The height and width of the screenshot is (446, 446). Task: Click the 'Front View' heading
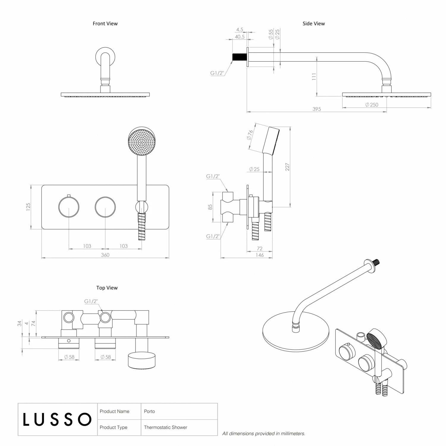point(105,23)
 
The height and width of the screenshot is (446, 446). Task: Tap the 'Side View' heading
point(313,23)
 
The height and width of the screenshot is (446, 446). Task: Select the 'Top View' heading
point(107,288)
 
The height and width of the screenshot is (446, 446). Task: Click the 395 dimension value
point(317,109)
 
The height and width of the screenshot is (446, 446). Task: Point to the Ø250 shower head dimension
point(372,105)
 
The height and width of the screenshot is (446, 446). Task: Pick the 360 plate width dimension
point(105,255)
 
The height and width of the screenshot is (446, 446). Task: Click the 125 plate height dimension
point(28,207)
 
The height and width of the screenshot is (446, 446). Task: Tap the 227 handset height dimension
point(287,167)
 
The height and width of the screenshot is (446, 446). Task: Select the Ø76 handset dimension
point(250,135)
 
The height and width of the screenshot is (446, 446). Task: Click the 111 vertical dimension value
point(314,77)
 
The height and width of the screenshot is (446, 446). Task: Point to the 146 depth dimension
point(260,255)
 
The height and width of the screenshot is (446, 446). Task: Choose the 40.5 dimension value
point(240,37)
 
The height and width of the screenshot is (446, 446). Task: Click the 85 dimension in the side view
point(210,207)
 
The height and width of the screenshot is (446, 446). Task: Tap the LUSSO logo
point(57,419)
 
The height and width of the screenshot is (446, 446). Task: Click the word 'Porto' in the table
point(149,411)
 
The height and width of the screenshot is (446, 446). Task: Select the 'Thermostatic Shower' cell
point(166,427)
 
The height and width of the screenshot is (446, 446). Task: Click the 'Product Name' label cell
point(114,411)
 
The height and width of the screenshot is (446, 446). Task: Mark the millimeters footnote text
point(264,434)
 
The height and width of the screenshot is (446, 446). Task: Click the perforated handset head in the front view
point(142,142)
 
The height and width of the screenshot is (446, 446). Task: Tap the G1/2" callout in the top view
point(91,301)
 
